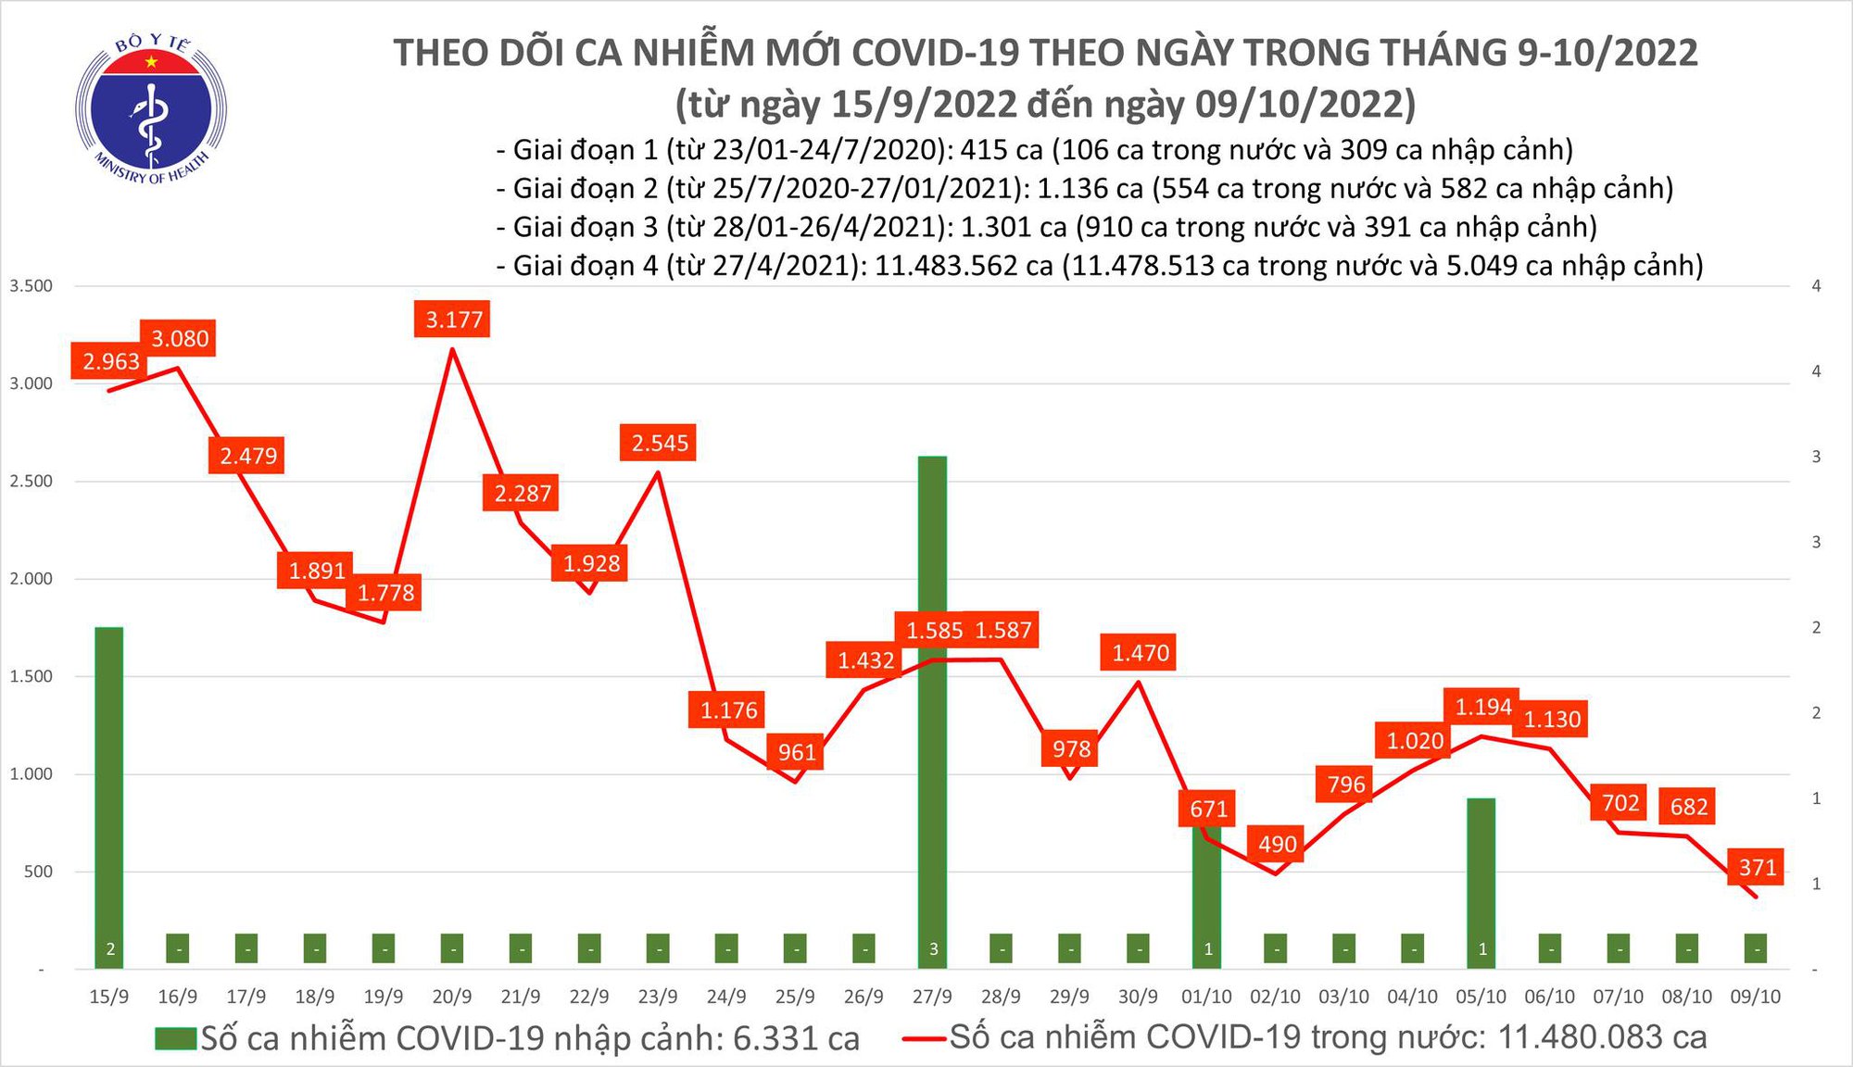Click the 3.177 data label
[x=454, y=320]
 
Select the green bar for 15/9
[x=108, y=787]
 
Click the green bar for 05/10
[x=1481, y=871]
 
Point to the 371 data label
[x=1757, y=868]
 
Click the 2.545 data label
[x=660, y=444]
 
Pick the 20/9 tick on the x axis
[x=452, y=997]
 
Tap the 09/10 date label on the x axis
[x=1755, y=997]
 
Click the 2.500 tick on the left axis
[x=31, y=481]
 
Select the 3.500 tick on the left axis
[x=31, y=286]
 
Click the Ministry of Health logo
[x=151, y=109]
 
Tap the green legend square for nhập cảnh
[x=176, y=1038]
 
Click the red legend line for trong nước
[x=925, y=1038]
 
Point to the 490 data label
[x=1277, y=844]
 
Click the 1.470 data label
[x=1141, y=653]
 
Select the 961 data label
[x=797, y=752]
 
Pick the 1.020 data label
[x=1415, y=741]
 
